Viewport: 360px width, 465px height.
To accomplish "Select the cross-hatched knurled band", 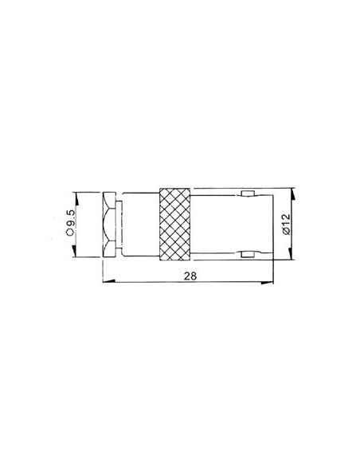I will [175, 224].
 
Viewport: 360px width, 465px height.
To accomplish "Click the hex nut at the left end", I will [111, 224].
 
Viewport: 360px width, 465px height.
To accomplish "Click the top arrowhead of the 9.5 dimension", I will [75, 195].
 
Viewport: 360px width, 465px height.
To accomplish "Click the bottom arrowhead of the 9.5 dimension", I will [75, 253].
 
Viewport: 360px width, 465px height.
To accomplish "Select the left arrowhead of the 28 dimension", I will [108, 281].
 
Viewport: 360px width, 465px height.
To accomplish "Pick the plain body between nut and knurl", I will [139, 224].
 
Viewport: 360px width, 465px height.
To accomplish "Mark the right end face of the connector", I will [275, 224].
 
